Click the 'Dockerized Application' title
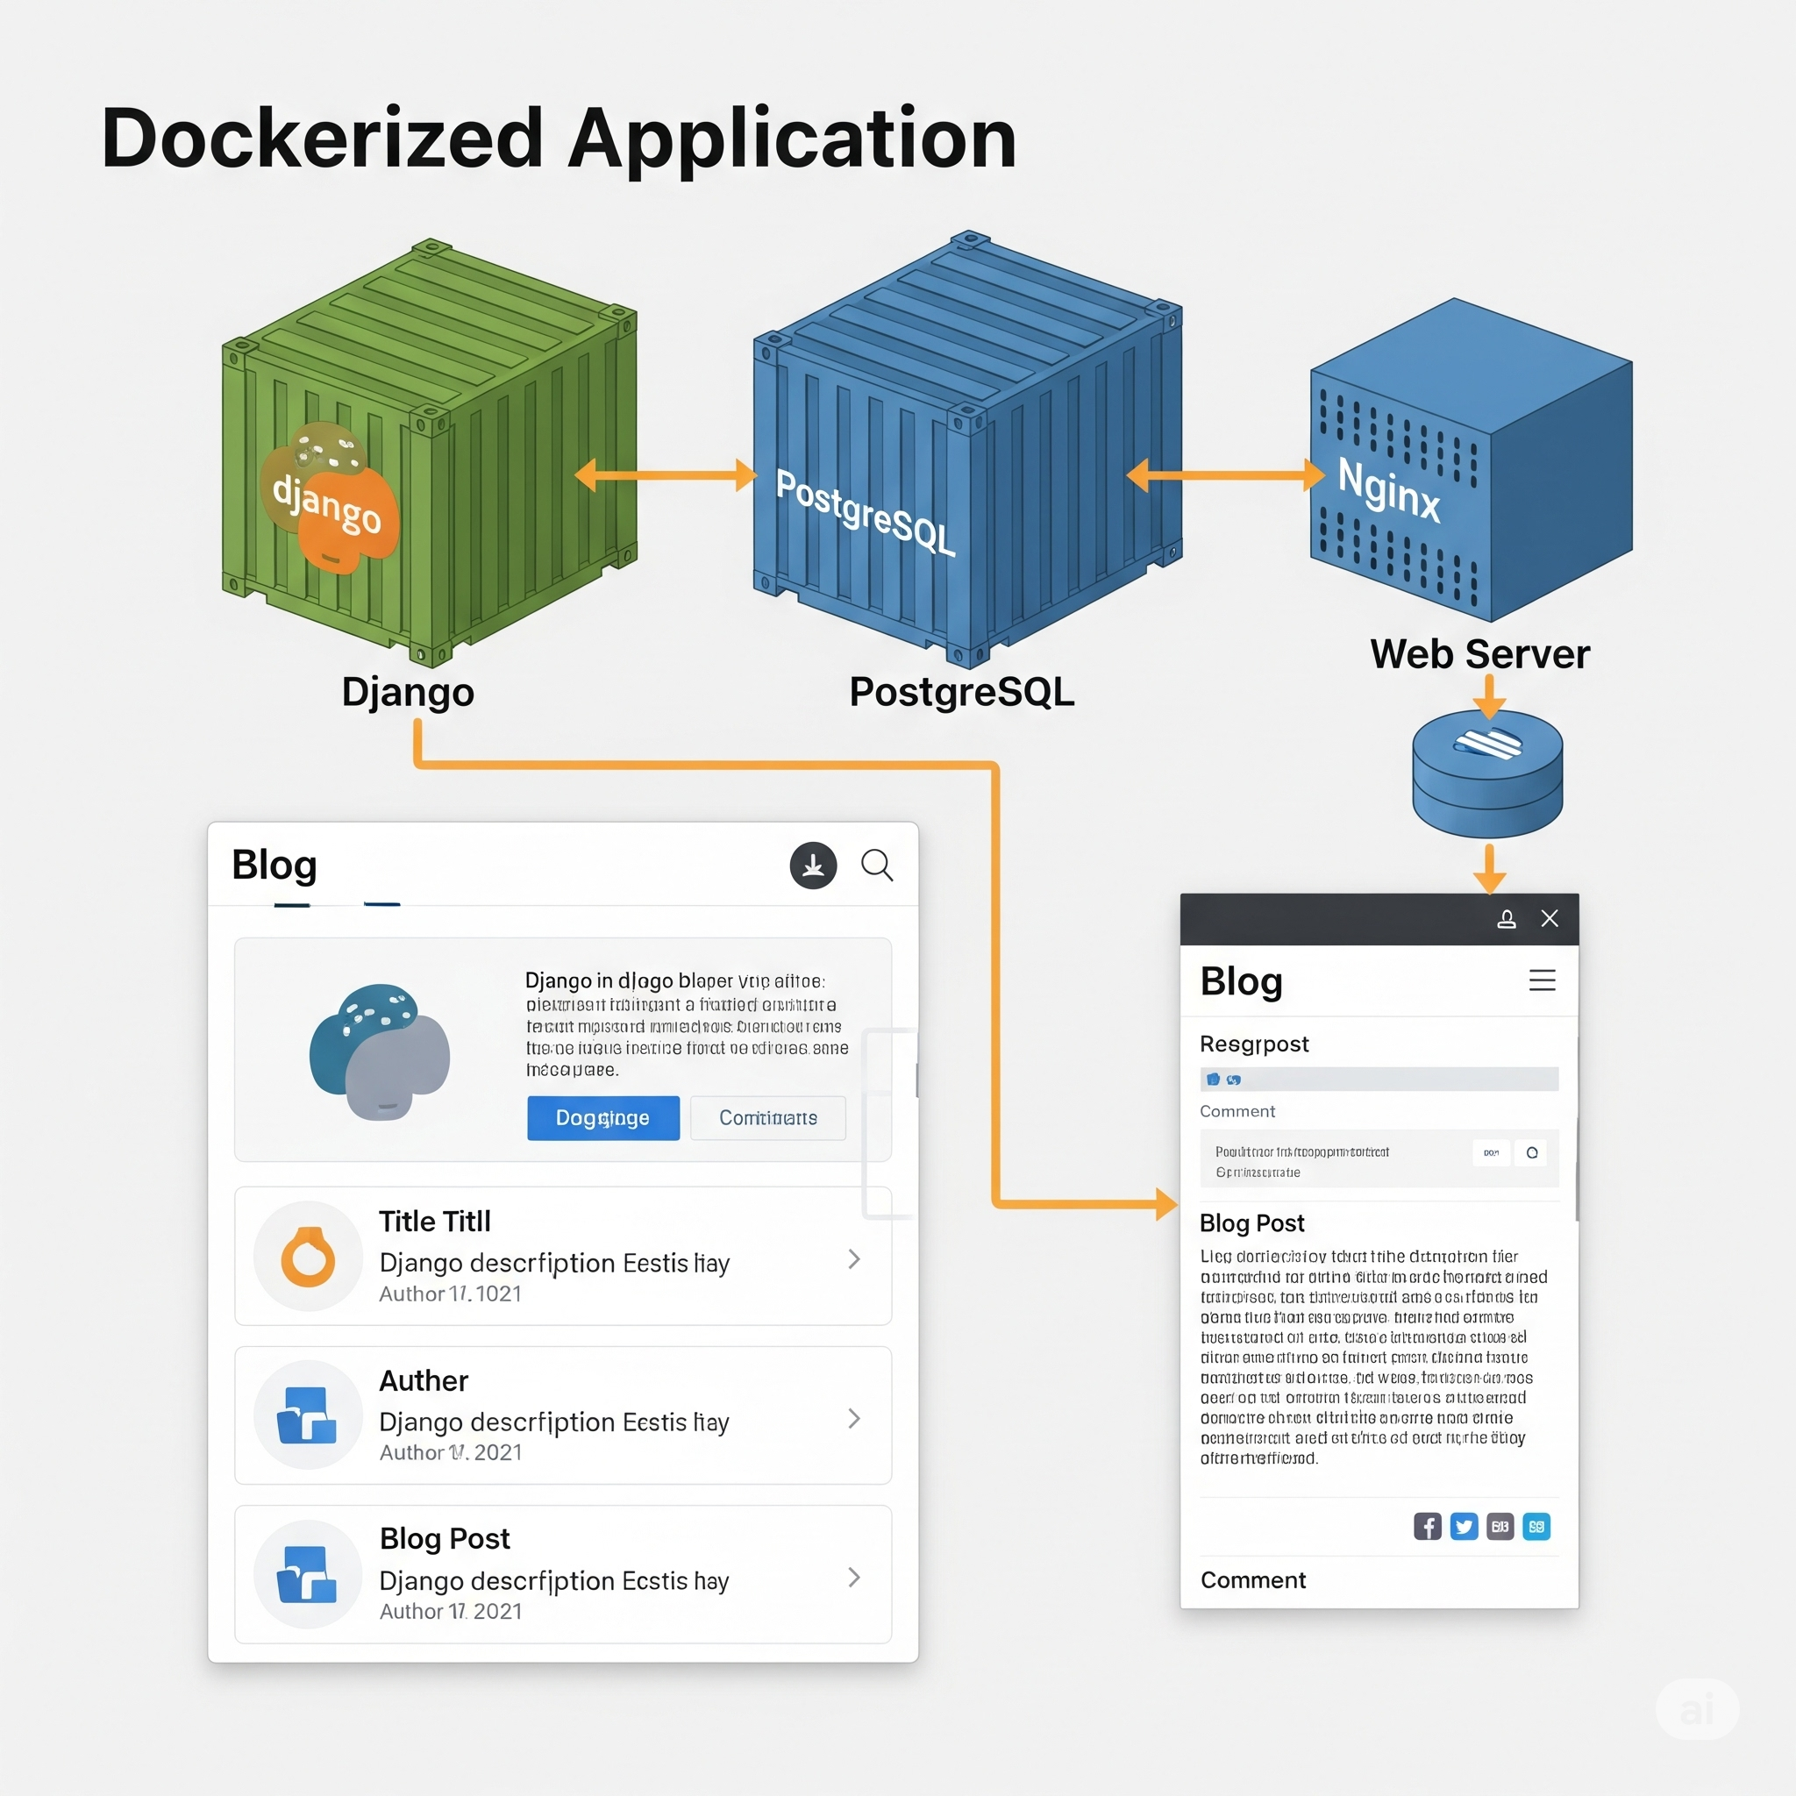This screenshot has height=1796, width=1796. (x=559, y=139)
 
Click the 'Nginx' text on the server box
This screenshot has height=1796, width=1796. (x=1388, y=490)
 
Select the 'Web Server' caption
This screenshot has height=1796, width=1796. (x=1479, y=654)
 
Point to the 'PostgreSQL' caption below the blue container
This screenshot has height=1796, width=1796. (x=961, y=692)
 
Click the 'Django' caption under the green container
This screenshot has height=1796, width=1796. (x=407, y=692)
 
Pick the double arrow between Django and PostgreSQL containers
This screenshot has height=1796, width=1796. (x=665, y=475)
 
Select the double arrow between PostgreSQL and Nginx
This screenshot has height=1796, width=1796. (x=1224, y=475)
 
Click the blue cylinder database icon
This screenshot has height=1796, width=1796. (x=1486, y=773)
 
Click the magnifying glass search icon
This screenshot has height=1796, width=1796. (x=877, y=866)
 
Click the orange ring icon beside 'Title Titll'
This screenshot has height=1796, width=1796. (x=308, y=1257)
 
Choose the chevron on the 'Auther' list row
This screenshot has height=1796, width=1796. (x=854, y=1418)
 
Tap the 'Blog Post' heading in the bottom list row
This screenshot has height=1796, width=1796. (x=445, y=1538)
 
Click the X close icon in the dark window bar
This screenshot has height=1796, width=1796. (x=1549, y=918)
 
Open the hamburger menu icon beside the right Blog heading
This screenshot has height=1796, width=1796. (x=1542, y=980)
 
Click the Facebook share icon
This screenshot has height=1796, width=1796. (x=1427, y=1527)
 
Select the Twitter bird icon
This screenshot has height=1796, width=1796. (x=1464, y=1527)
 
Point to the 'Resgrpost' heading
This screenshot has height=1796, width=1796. (x=1253, y=1044)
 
